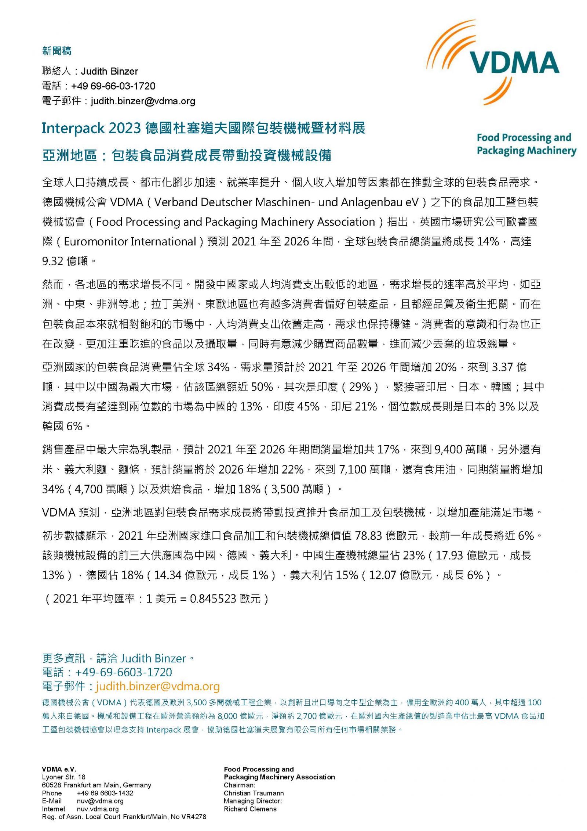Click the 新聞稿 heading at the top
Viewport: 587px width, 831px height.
click(x=57, y=51)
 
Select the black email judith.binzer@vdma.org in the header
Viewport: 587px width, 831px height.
click(x=143, y=101)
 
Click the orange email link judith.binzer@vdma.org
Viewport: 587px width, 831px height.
click(x=158, y=686)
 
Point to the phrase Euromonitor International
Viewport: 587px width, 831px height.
click(x=130, y=241)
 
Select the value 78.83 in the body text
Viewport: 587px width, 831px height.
click(x=369, y=536)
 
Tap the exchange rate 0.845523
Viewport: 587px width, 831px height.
click(x=213, y=599)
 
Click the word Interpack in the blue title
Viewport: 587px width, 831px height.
click(x=73, y=128)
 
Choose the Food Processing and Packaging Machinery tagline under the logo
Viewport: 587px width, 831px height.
click(x=526, y=144)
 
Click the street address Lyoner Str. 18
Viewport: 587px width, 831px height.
click(x=64, y=777)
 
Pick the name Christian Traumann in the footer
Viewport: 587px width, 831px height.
click(x=254, y=793)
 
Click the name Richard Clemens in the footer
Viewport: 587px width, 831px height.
click(x=250, y=809)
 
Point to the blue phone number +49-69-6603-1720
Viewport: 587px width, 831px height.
click(x=123, y=672)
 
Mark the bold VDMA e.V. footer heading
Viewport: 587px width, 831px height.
click(x=59, y=769)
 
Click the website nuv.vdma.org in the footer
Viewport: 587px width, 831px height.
click(x=98, y=809)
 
